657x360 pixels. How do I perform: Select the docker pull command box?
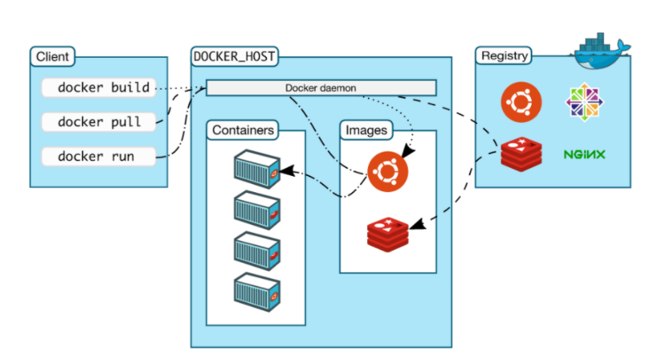(x=99, y=122)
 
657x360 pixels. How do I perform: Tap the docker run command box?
(x=99, y=156)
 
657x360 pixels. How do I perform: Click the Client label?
(x=53, y=57)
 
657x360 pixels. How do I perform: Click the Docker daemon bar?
(x=321, y=88)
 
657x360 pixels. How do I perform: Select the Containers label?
(x=243, y=130)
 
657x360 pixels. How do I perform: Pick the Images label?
(x=366, y=130)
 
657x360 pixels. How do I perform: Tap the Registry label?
(x=505, y=56)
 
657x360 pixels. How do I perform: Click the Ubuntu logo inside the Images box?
(x=388, y=171)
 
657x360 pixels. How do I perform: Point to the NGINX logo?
(x=583, y=154)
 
